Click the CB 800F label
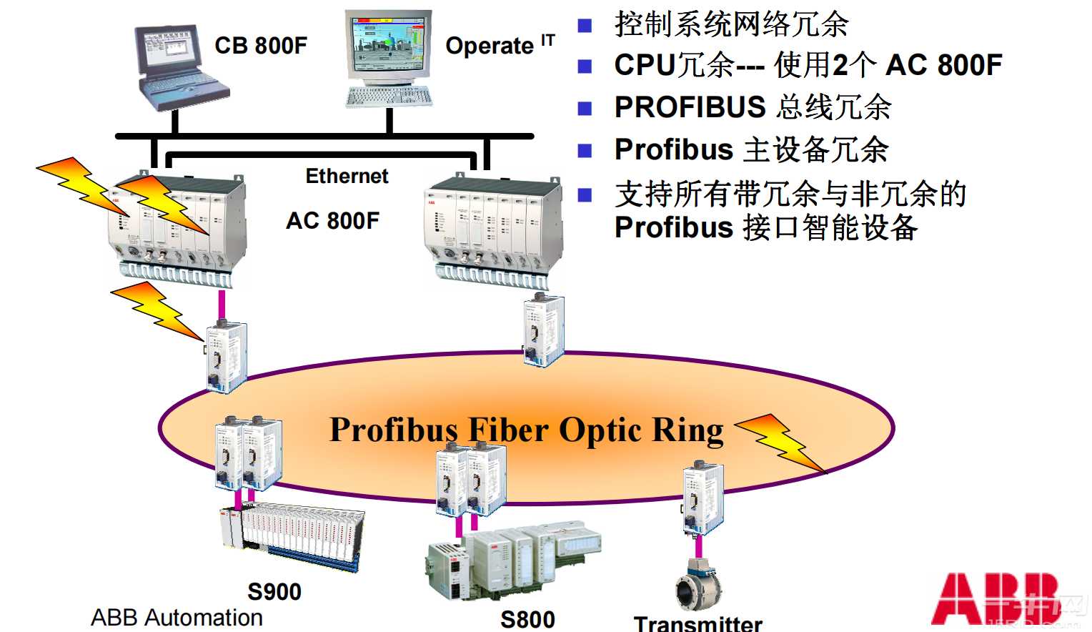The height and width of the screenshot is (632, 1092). (261, 46)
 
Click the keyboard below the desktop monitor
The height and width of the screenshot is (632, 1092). (389, 97)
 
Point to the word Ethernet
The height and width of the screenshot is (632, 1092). (347, 176)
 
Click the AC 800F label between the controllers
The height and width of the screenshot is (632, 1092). (332, 220)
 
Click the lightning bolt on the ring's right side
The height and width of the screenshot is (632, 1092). (783, 442)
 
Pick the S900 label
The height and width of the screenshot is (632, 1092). (274, 591)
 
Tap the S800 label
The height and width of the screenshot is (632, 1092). (527, 619)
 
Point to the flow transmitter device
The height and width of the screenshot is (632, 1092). (698, 585)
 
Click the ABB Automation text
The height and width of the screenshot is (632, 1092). (177, 617)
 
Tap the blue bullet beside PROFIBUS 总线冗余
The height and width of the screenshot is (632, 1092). (585, 108)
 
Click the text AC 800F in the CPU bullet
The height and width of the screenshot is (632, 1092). (943, 65)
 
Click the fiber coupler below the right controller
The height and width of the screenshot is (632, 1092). (545, 330)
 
